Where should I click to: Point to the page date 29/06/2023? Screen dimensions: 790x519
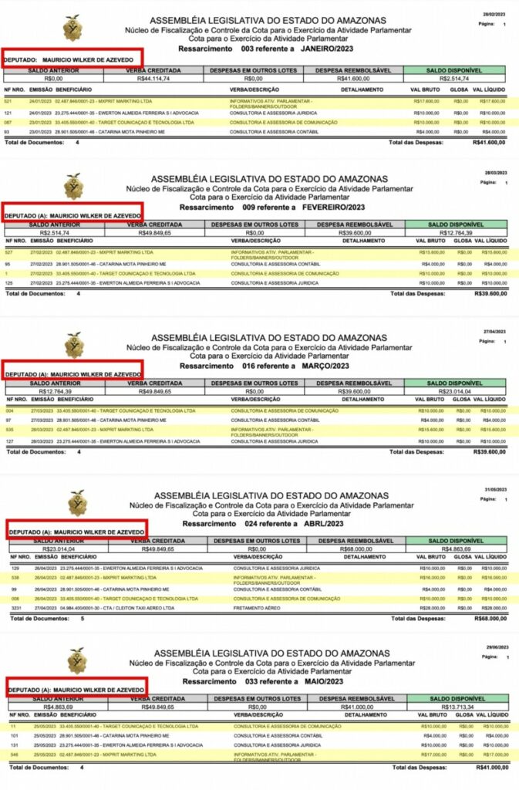click(494, 647)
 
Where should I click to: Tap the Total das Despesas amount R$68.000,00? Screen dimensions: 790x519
click(490, 618)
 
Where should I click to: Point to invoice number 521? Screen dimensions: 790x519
click(8, 101)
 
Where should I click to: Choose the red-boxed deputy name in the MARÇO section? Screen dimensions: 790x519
click(73, 374)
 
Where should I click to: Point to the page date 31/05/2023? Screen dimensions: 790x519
click(494, 489)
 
